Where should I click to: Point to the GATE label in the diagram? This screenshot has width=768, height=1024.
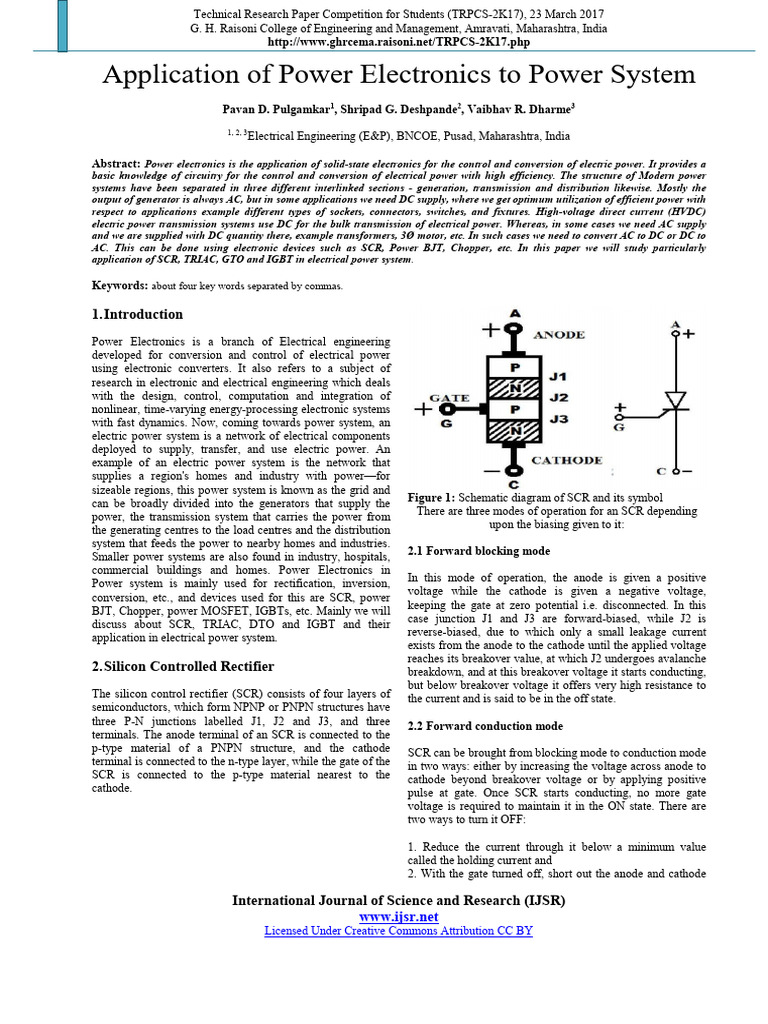tap(450, 396)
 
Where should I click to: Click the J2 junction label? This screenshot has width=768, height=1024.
tap(558, 397)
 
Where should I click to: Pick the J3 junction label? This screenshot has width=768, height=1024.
tap(558, 419)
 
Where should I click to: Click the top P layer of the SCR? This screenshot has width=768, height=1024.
tap(513, 366)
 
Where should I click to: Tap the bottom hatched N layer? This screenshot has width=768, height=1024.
tap(513, 431)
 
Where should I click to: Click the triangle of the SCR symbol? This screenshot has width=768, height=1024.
tap(676, 400)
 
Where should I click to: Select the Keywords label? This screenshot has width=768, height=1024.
tap(120, 285)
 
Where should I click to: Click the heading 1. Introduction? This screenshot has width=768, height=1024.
tap(137, 314)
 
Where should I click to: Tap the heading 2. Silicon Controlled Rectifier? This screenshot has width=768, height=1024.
tap(182, 666)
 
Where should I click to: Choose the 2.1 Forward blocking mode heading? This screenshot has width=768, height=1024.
tap(479, 551)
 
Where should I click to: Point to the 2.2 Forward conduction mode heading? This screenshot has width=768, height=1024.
tap(486, 726)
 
